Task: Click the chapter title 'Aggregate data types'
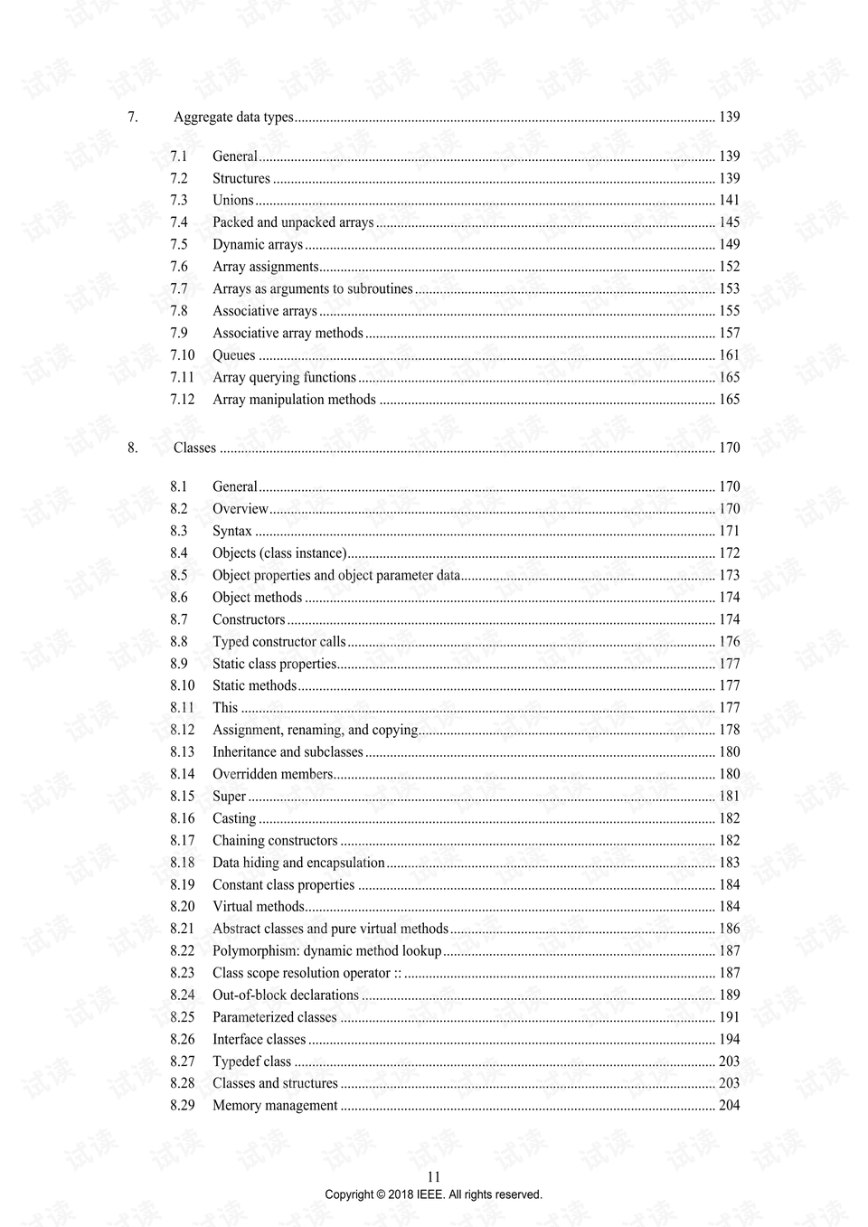[x=233, y=117]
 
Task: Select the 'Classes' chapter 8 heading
[x=194, y=448]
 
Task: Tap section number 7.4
[x=179, y=222]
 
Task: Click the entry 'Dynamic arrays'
[x=258, y=244]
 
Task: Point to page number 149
[x=729, y=244]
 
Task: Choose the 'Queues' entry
[x=233, y=355]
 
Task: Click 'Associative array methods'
[x=288, y=333]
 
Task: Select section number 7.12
[x=182, y=400]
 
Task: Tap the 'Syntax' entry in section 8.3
[x=231, y=531]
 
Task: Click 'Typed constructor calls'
[x=278, y=642]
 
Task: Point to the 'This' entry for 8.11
[x=225, y=708]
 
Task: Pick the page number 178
[x=729, y=730]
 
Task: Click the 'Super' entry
[x=229, y=797]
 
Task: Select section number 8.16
[x=182, y=818]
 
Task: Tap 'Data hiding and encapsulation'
[x=298, y=863]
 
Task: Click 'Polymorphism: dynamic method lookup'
[x=326, y=951]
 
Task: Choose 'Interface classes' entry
[x=259, y=1040]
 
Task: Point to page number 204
[x=729, y=1105]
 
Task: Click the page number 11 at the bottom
[x=434, y=1176]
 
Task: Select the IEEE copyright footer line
[x=434, y=1194]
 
